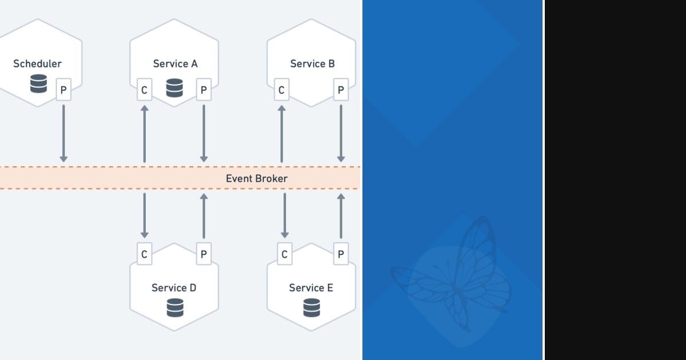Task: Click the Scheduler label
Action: tap(37, 64)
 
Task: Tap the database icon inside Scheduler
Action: tap(38, 85)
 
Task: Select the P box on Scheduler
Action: tap(63, 90)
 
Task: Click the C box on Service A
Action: tap(144, 90)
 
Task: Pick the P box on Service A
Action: tap(204, 90)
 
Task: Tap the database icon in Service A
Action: tap(174, 88)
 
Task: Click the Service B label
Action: tap(312, 64)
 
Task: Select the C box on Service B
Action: tap(281, 90)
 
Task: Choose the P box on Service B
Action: tap(341, 90)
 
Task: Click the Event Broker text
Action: tap(256, 178)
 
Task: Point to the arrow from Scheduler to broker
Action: tap(63, 133)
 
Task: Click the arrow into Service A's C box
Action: tap(144, 133)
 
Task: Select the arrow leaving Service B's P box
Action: tap(341, 133)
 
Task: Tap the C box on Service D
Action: tap(144, 254)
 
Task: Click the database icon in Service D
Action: tap(175, 308)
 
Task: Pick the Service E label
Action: tap(311, 288)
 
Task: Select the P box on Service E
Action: tap(341, 254)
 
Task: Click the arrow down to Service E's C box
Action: tap(285, 215)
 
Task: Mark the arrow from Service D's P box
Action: tap(204, 215)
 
